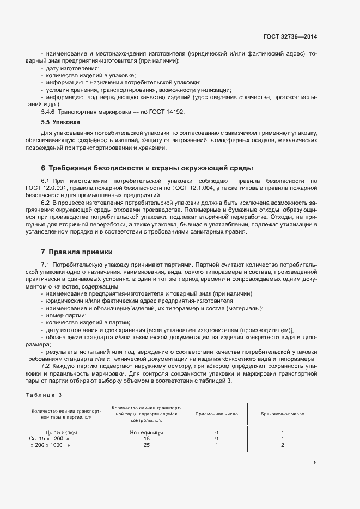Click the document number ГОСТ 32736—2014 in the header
[290, 36]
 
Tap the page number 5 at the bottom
[315, 463]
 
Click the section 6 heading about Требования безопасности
[147, 168]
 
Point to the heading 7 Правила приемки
[76, 252]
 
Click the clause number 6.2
[46, 202]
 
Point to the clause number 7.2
[46, 366]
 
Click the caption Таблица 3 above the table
[44, 394]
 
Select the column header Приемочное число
[216, 414]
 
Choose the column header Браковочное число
[283, 414]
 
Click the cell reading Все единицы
[146, 432]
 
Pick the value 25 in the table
[146, 445]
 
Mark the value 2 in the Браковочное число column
[283, 445]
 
